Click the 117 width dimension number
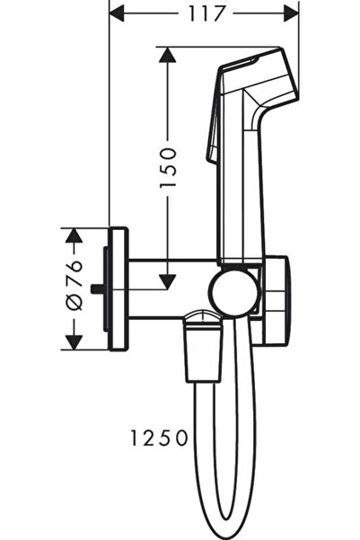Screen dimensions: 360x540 coord(206,14)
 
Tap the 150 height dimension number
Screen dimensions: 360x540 coord(168,167)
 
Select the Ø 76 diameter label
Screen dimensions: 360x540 coord(74,285)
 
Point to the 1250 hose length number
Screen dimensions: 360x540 coord(159,438)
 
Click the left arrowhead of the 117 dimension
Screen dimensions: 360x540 coord(117,14)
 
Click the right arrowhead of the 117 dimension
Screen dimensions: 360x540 coord(291,14)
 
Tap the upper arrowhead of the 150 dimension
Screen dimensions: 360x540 coord(167,55)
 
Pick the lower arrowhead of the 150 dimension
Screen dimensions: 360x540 coord(167,281)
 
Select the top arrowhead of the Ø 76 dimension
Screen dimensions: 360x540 coord(74,235)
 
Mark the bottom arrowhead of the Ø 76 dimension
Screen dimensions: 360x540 coord(74,342)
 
